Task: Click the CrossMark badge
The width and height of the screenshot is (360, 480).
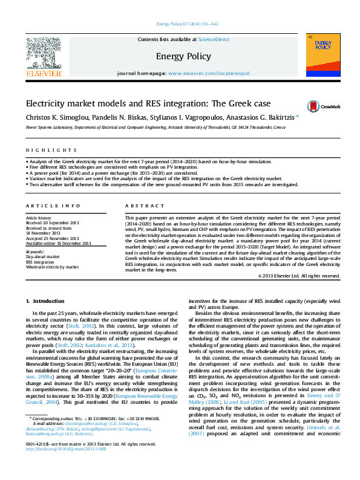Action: [x=323, y=106]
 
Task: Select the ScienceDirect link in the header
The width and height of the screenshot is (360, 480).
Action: [x=214, y=39]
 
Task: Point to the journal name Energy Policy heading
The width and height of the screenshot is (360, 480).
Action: [x=180, y=56]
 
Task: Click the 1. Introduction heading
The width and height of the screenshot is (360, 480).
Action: [x=44, y=301]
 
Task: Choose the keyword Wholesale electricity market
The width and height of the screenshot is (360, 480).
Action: [x=52, y=266]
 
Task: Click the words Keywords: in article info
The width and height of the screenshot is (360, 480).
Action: [x=36, y=251]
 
